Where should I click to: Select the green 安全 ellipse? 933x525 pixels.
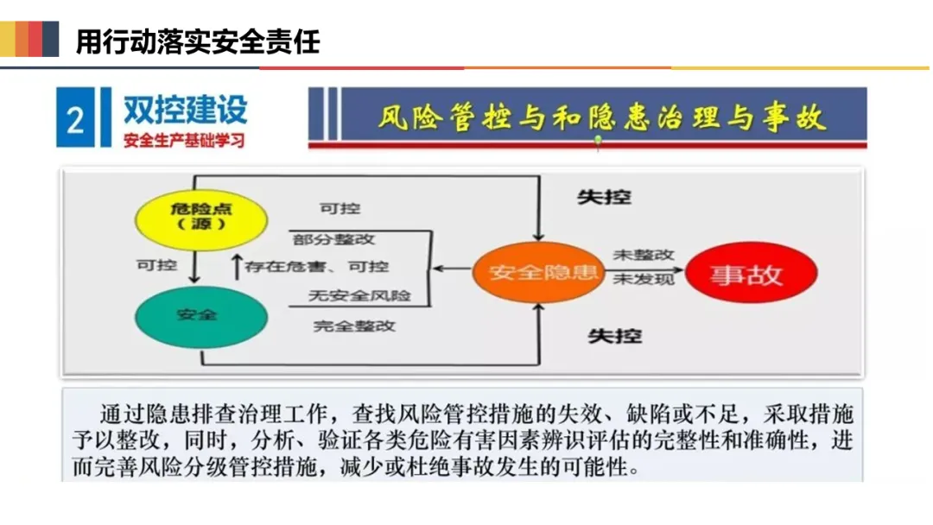(196, 314)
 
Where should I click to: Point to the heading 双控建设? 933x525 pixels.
(185, 109)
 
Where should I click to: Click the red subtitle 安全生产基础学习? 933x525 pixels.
(184, 140)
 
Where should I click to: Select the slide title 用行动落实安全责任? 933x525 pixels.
(198, 41)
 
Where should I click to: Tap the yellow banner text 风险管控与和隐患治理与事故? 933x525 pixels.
(600, 117)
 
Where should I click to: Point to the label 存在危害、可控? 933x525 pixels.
(316, 267)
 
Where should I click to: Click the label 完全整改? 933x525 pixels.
(354, 326)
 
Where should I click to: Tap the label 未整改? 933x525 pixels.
(643, 256)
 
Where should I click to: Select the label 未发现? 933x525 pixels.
(643, 278)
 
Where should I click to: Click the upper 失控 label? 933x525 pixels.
(604, 198)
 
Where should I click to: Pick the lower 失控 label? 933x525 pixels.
(614, 335)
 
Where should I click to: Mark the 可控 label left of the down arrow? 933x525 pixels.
(156, 265)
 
